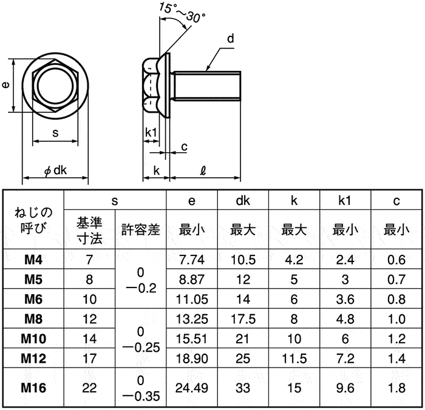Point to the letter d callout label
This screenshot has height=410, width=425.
231,39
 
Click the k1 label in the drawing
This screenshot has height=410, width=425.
152,132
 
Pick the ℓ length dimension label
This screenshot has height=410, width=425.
202,171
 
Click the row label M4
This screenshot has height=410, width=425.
33,260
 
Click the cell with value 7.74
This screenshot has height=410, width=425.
192,260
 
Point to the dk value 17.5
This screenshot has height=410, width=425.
243,318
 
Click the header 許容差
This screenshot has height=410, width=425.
141,230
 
